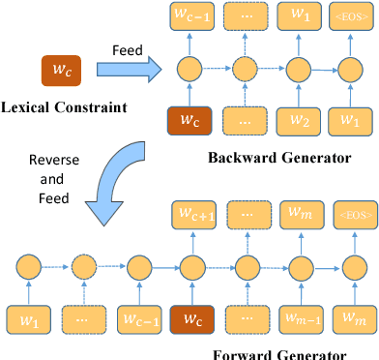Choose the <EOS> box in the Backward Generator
[x=351, y=16]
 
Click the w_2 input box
[x=298, y=121]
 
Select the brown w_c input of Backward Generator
[x=190, y=121]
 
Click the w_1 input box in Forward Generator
[x=30, y=318]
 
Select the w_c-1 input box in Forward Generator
[x=137, y=318]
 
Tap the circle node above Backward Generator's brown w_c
[x=190, y=69]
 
